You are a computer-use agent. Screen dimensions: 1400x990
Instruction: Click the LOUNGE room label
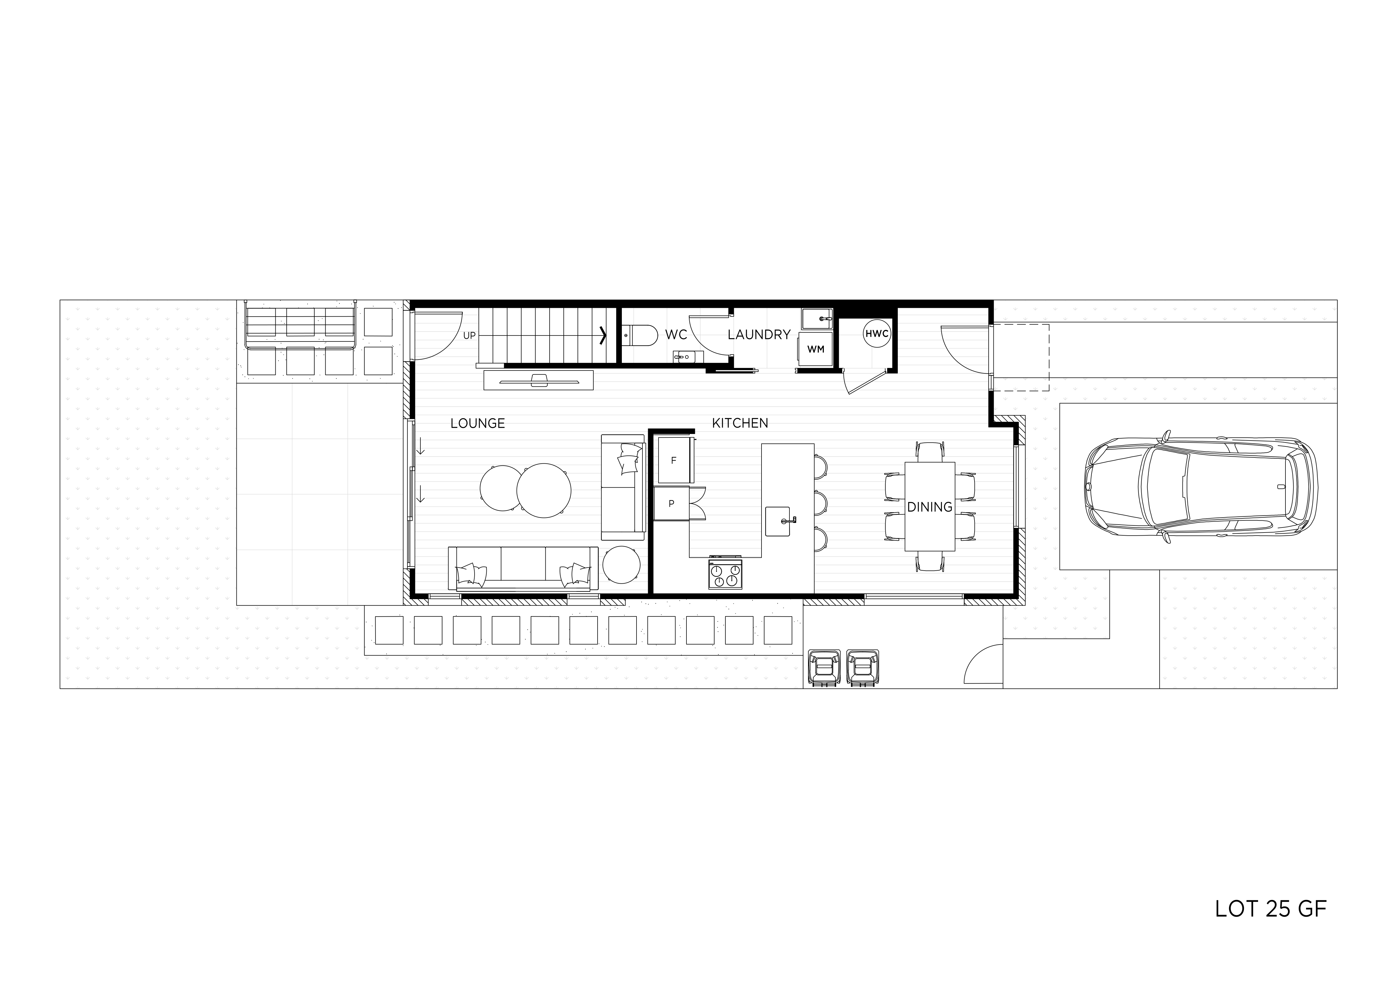coord(477,423)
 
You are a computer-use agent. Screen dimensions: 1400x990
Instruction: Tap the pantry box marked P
coord(671,503)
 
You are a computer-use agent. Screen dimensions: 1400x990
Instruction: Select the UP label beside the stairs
coord(469,336)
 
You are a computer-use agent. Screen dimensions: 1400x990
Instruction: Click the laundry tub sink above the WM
coord(817,318)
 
